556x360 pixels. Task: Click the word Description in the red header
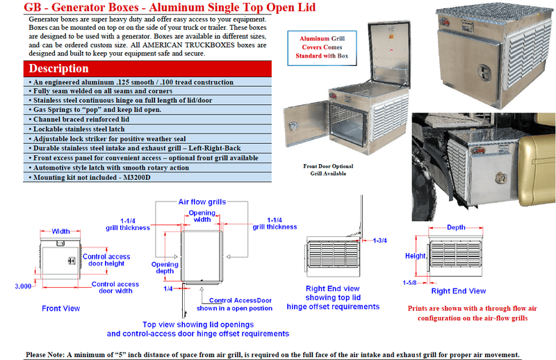tap(58, 69)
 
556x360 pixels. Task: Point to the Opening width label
tap(201, 215)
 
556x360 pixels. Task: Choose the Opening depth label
tap(165, 268)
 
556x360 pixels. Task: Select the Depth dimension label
tap(457, 227)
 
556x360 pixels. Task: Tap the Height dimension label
tap(416, 256)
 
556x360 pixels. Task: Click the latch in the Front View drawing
tap(69, 260)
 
